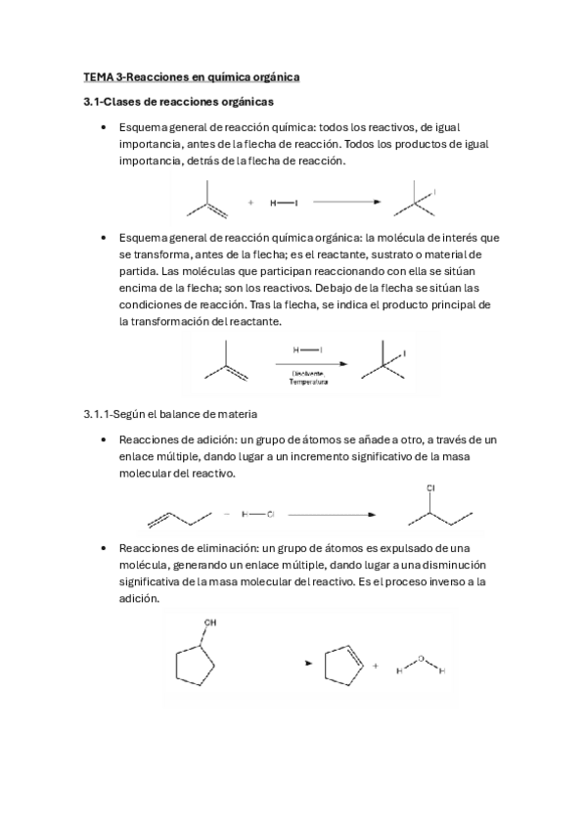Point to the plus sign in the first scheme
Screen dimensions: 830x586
tap(251, 203)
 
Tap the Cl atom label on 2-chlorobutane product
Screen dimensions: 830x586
tap(430, 486)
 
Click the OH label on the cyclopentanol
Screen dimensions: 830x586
tap(210, 622)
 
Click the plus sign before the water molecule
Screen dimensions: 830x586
tap(376, 666)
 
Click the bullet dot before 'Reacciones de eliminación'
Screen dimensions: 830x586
tap(104, 549)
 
